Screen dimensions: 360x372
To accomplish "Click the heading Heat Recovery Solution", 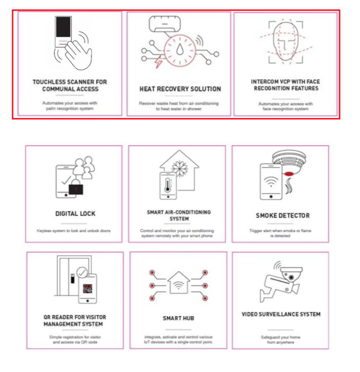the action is click(x=180, y=89).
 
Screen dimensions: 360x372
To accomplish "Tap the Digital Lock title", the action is click(x=75, y=214).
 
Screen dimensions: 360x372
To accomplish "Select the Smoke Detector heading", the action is click(x=283, y=216).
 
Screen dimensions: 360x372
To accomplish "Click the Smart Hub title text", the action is click(x=179, y=318).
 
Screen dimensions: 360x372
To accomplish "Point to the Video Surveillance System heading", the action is click(x=281, y=314).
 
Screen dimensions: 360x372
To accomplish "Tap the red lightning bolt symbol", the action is click(x=158, y=62).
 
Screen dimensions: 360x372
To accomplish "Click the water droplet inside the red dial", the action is click(x=180, y=49).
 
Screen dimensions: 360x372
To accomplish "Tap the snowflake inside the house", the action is click(x=180, y=169).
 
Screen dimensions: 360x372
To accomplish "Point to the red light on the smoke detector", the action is click(x=289, y=174).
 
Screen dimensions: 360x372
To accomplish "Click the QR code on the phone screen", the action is click(x=88, y=288).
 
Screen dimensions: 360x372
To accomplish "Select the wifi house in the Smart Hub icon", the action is click(x=179, y=283).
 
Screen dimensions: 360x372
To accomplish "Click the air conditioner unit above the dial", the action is click(x=165, y=24).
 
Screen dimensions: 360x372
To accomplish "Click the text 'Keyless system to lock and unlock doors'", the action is click(x=74, y=231).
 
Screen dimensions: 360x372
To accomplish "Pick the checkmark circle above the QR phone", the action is click(x=82, y=273).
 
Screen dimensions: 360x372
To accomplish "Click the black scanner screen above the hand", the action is click(x=63, y=27).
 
